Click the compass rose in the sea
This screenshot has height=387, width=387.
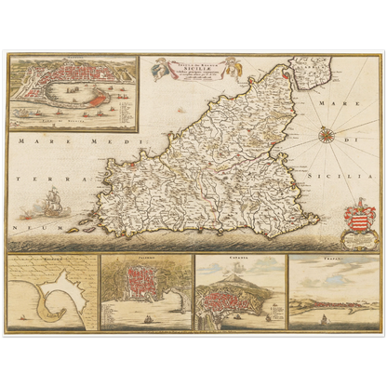tap(327, 137)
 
